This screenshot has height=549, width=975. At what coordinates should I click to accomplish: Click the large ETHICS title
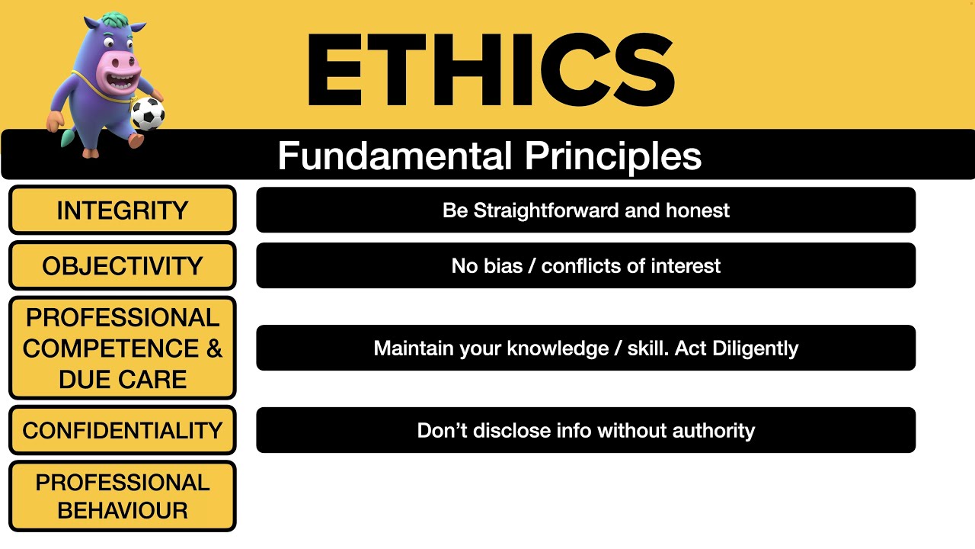(490, 70)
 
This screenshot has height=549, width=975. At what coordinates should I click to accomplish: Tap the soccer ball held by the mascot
(147, 114)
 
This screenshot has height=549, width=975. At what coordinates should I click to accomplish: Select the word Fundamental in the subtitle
(395, 156)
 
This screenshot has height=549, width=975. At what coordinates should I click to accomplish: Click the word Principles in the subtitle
(612, 156)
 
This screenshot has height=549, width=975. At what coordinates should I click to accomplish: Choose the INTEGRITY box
(122, 210)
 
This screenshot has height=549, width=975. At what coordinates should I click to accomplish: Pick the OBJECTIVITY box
(122, 266)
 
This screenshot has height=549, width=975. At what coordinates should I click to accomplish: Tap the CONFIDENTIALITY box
(122, 431)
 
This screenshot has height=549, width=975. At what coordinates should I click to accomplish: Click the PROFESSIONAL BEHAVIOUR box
(122, 496)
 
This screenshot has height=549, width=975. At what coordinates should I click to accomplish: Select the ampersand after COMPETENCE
(214, 348)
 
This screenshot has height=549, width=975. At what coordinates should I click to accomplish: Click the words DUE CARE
(122, 379)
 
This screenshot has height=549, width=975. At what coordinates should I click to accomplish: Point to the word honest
(698, 210)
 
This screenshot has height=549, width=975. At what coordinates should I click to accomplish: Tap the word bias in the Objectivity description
(502, 266)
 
